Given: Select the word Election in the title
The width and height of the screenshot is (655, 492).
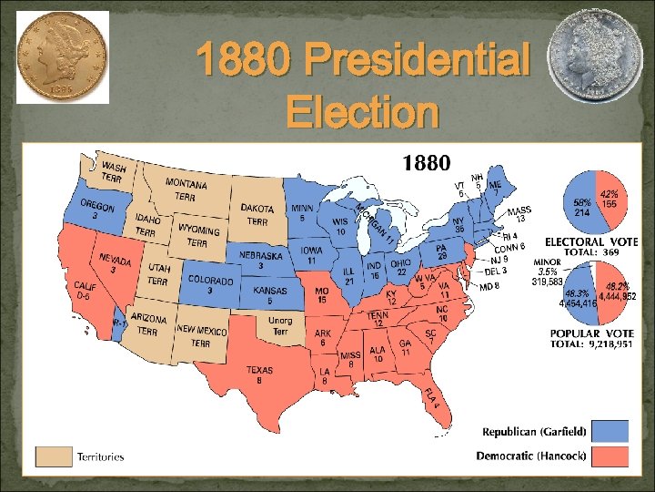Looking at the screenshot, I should click(x=361, y=114).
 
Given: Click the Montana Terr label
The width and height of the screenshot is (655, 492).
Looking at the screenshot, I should click(x=186, y=190).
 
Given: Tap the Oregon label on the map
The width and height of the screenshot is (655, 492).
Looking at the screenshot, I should click(x=96, y=209).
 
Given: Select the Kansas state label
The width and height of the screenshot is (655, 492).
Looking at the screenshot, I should click(x=270, y=295).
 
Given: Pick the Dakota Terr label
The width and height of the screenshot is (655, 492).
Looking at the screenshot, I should click(x=257, y=215).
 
